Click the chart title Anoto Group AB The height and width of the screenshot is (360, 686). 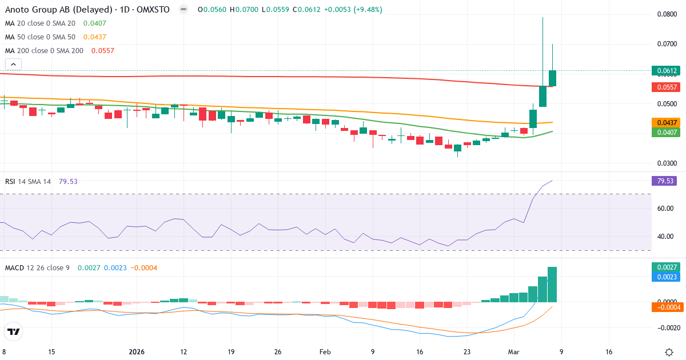coord(43,10)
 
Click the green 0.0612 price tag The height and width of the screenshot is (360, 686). coord(667,71)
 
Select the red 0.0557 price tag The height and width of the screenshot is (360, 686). coord(667,87)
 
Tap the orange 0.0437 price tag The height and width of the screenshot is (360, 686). coord(667,123)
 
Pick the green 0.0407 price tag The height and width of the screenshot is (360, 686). coord(667,132)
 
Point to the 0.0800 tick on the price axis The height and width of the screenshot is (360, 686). coord(666,14)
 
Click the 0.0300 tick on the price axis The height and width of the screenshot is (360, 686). coord(666,163)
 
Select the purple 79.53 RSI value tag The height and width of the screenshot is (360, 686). coord(667,181)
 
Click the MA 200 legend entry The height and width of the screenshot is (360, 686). coord(45,51)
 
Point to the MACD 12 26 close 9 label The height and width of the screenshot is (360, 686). coord(37,268)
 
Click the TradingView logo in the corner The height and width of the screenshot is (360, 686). coord(14,331)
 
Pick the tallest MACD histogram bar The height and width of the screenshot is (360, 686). coord(552,284)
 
